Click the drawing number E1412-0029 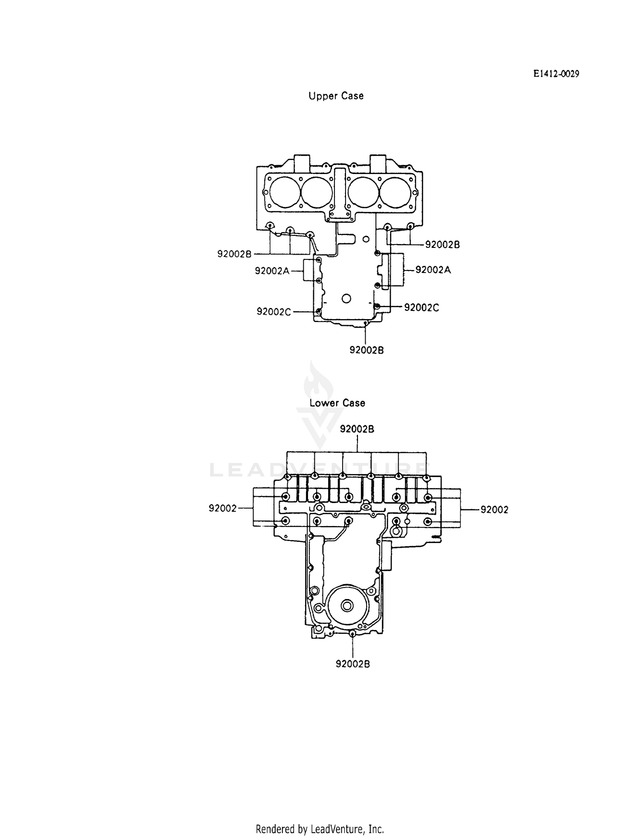coord(556,74)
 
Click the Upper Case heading coord(336,96)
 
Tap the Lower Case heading coord(337,403)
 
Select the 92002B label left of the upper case coord(234,254)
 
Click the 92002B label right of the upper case coord(442,245)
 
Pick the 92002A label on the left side coord(272,270)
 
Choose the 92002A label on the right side coord(433,270)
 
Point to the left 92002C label coord(273,312)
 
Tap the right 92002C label coord(422,308)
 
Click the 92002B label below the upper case coord(367,350)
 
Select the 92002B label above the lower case coord(357,429)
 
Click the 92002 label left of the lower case coord(222,508)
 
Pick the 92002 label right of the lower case coord(495,509)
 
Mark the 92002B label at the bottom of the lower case coord(353,664)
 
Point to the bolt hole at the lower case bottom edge coord(352,634)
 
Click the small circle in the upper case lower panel coord(346,298)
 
